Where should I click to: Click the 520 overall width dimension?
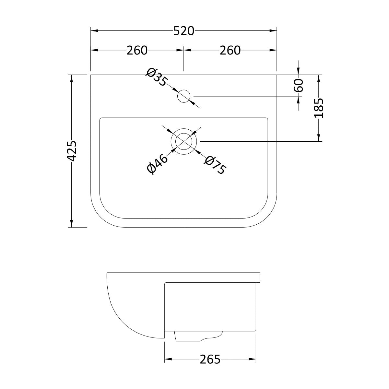pyautogui.click(x=183, y=31)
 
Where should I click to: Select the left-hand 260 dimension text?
pyautogui.click(x=137, y=50)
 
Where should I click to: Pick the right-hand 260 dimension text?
pyautogui.click(x=230, y=50)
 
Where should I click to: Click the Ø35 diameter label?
pyautogui.click(x=157, y=77)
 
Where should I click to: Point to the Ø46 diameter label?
pyautogui.click(x=157, y=164)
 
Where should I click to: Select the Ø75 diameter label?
pyautogui.click(x=215, y=165)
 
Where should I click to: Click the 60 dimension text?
pyautogui.click(x=299, y=85)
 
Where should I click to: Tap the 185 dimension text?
pyautogui.click(x=319, y=108)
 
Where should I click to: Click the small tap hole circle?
pyautogui.click(x=184, y=96)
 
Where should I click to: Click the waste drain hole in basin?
pyautogui.click(x=184, y=141)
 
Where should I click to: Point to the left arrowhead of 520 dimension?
pyautogui.click(x=94, y=31)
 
